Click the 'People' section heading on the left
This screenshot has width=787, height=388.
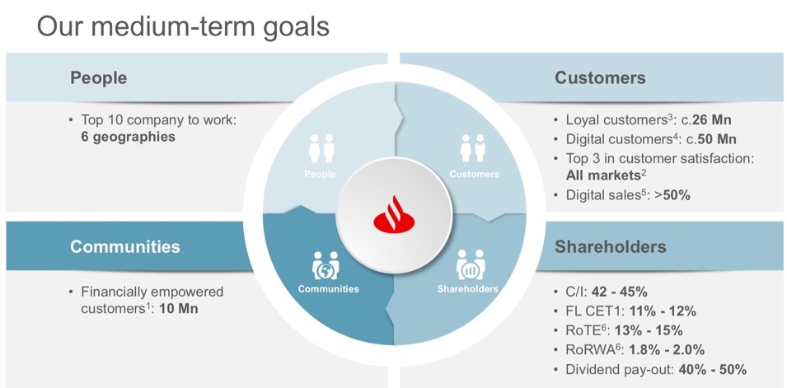[x=98, y=78]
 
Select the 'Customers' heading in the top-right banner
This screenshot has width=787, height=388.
[x=600, y=78]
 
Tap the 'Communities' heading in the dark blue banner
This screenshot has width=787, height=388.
[x=124, y=247]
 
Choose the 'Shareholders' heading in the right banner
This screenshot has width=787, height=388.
[x=611, y=247]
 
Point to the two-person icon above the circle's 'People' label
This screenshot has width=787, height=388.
[x=321, y=149]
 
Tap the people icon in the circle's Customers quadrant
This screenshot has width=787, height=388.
[x=473, y=149]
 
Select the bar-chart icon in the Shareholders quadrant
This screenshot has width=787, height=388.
[x=470, y=265]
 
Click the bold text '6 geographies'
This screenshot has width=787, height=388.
[x=123, y=137]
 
